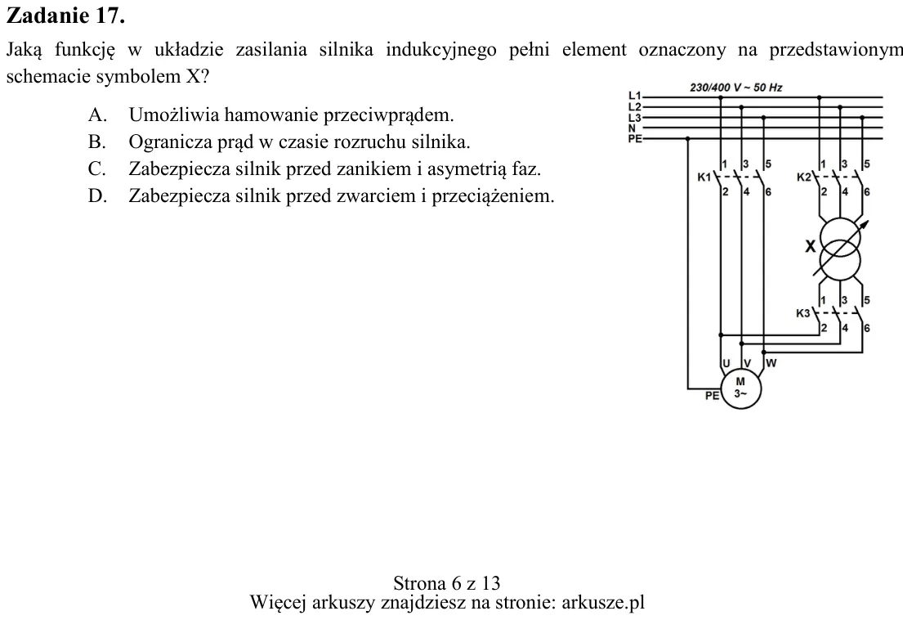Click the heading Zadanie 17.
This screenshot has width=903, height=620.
[65, 16]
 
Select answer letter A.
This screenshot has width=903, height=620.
[97, 115]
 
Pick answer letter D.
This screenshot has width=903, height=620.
[97, 196]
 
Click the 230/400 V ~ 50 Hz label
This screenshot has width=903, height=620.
[736, 88]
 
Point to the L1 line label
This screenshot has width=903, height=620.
[634, 95]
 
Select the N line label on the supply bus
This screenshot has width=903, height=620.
[632, 128]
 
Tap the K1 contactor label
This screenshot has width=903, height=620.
[704, 177]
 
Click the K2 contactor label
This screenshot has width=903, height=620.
[802, 177]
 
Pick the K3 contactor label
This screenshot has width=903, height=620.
[802, 313]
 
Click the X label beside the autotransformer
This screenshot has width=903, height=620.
[811, 247]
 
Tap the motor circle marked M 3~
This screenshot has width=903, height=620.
[740, 389]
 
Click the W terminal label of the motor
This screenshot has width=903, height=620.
[771, 363]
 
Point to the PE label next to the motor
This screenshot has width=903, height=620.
[712, 396]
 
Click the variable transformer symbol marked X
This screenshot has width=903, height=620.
[840, 249]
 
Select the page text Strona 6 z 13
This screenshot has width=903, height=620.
[447, 583]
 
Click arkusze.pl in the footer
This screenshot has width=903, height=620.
[602, 603]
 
